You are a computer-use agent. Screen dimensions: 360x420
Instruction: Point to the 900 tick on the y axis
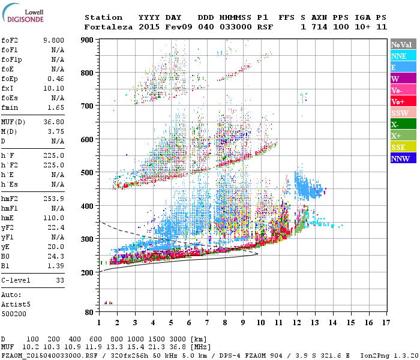pyautogui.click(x=87, y=39)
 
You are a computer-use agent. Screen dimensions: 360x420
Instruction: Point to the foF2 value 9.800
pyautogui.click(x=53, y=40)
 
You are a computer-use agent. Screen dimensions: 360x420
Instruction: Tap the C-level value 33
pyautogui.click(x=60, y=280)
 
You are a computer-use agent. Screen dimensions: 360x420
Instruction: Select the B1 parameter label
pyautogui.click(x=7, y=265)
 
